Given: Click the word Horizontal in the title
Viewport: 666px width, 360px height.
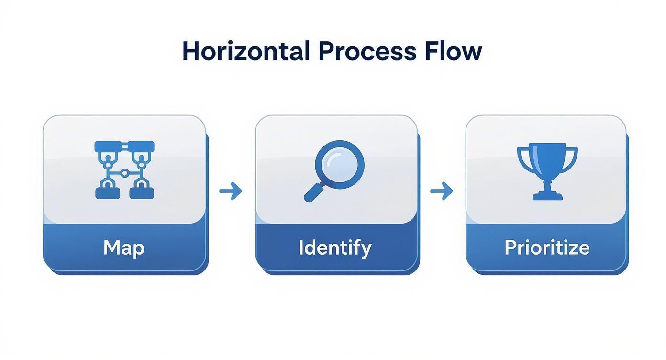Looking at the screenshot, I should coord(246,51).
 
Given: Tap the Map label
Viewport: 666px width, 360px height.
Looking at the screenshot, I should coord(124,247).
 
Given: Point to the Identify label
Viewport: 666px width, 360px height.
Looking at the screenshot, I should coord(335,247).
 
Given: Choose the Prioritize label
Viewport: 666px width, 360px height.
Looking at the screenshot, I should coord(547,247).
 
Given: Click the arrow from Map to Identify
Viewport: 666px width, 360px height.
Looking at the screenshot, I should coord(231,191).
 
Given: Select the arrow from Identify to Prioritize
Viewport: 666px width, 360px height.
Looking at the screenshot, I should coord(441,191).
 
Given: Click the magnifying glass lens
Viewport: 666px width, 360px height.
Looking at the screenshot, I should coord(340,164).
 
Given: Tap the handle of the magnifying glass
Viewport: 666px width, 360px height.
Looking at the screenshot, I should coord(313,192).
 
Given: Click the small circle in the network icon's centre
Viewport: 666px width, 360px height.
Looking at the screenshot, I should coord(124,172).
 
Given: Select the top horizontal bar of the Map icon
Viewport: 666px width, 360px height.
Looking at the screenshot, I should coord(124,146).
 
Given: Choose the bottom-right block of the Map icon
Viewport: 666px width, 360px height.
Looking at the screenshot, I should coord(142,192).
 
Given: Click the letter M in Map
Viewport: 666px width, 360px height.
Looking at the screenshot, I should coord(111,247).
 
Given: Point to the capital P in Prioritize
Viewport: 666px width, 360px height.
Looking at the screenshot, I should coord(510,247).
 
